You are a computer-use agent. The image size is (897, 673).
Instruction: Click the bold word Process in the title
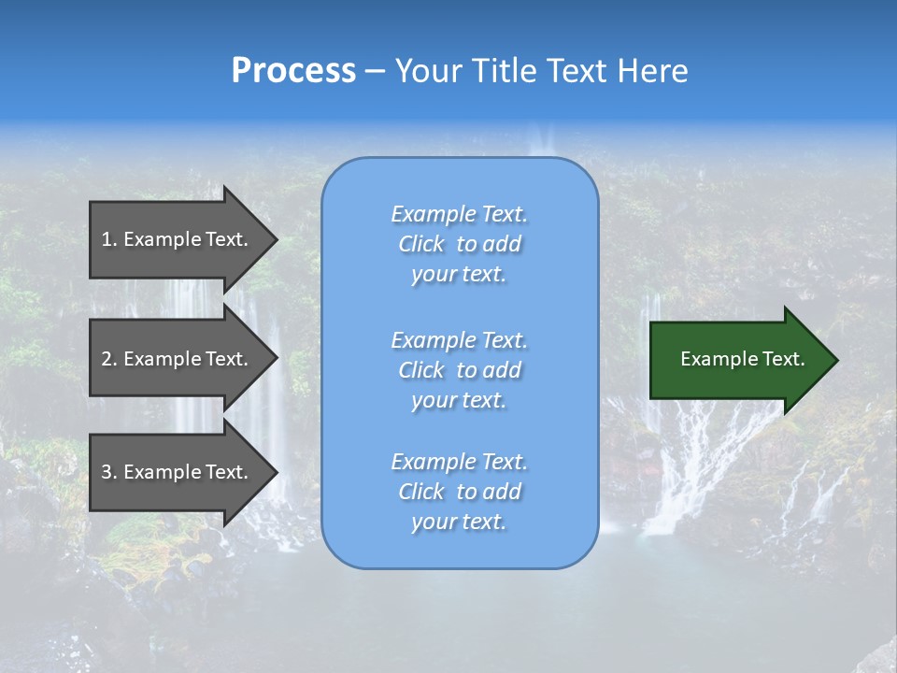pyautogui.click(x=293, y=71)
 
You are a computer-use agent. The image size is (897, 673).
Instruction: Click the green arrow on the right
pyautogui.click(x=738, y=360)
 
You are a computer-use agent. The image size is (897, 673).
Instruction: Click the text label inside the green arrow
pyautogui.click(x=743, y=360)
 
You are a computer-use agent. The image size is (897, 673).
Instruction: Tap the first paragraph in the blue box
pyautogui.click(x=459, y=244)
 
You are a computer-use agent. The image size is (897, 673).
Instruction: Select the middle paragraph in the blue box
pyautogui.click(x=459, y=370)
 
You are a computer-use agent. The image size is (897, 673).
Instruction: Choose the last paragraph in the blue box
pyautogui.click(x=459, y=492)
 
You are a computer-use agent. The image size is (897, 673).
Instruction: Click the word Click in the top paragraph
pyautogui.click(x=421, y=245)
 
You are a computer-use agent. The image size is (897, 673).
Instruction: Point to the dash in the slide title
pyautogui.click(x=375, y=72)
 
